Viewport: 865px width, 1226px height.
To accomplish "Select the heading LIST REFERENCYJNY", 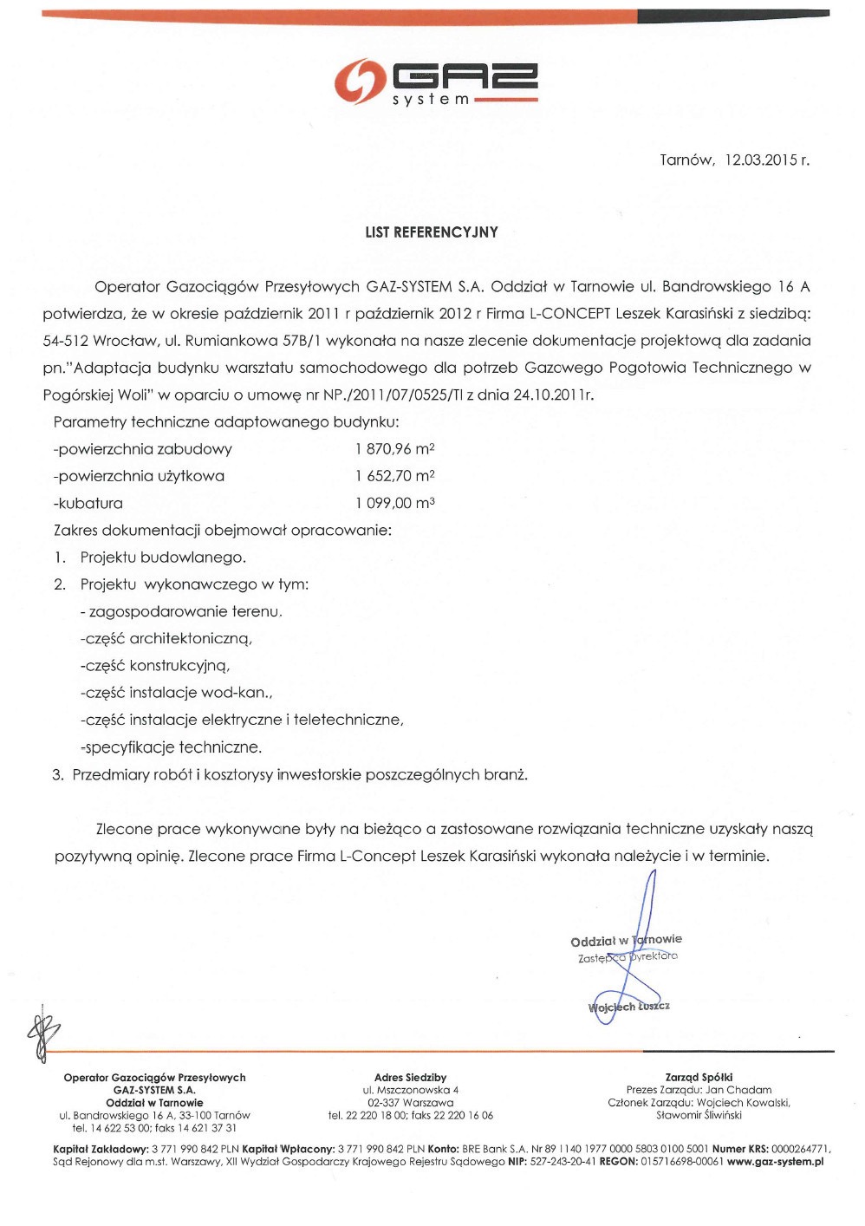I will pos(432,232).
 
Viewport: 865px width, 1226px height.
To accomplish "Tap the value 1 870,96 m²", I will pos(394,449).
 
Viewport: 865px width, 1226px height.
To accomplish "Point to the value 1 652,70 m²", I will pos(394,476).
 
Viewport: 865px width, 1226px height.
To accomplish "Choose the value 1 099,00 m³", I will pos(394,503).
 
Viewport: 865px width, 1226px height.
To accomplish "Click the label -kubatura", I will pos(88,503).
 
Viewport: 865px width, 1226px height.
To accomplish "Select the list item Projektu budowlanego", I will pos(163,558).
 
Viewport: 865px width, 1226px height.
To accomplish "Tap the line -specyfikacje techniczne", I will pos(171,747).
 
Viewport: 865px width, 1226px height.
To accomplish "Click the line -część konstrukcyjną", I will pos(155,666).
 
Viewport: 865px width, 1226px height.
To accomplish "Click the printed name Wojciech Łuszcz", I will pos(628,1007).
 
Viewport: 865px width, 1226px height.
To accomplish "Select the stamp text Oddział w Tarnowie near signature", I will pos(626,941).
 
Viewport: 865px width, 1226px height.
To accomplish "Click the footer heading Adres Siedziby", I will pos(410,1078).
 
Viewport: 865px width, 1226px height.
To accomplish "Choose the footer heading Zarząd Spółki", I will pos(699,1078).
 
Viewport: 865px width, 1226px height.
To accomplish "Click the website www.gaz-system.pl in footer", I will pos(775,1162).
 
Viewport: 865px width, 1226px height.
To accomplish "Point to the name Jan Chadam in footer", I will pos(738,1090).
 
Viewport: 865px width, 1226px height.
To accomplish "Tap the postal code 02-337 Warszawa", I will pos(410,1103).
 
